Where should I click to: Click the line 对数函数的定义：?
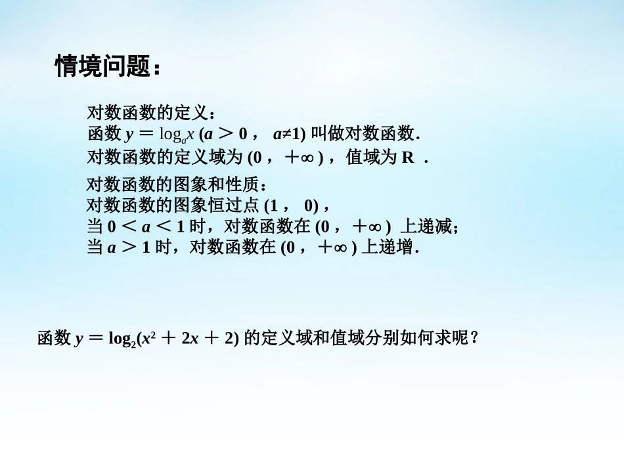[151, 113]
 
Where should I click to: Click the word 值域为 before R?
[371, 158]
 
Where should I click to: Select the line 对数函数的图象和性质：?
[177, 185]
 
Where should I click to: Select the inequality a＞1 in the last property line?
[129, 248]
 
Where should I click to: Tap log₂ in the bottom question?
[121, 339]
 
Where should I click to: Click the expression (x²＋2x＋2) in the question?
[188, 339]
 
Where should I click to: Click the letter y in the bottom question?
[79, 339]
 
